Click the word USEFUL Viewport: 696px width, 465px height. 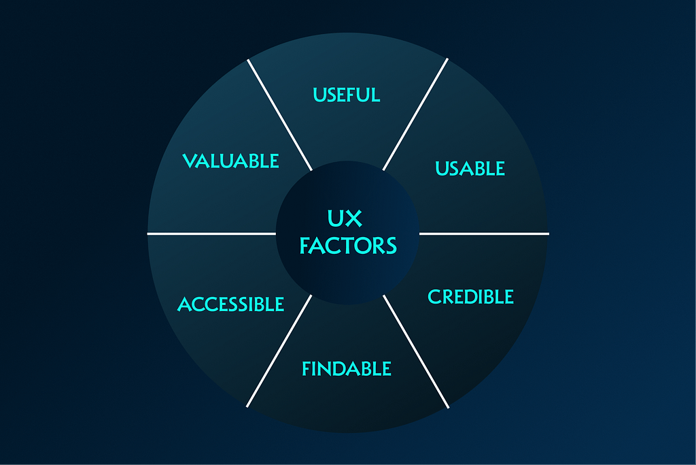[x=347, y=94]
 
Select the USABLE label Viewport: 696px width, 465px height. [x=470, y=168]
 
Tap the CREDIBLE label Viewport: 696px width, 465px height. [x=470, y=297]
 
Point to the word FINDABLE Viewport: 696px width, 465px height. [x=347, y=369]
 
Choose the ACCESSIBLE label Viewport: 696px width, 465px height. [x=230, y=304]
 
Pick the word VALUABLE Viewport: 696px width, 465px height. [x=231, y=161]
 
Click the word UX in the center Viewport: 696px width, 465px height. [x=345, y=219]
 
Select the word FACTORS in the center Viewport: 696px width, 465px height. [x=348, y=245]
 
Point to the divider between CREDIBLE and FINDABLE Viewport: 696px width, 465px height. [x=416, y=351]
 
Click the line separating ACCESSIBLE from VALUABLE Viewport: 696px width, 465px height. [x=211, y=234]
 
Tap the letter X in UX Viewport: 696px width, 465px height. [x=354, y=219]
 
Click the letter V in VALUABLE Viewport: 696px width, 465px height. [x=189, y=161]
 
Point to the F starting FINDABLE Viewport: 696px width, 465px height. [x=307, y=369]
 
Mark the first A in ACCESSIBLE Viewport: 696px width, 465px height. [x=184, y=304]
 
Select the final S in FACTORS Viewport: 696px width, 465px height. [x=389, y=245]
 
